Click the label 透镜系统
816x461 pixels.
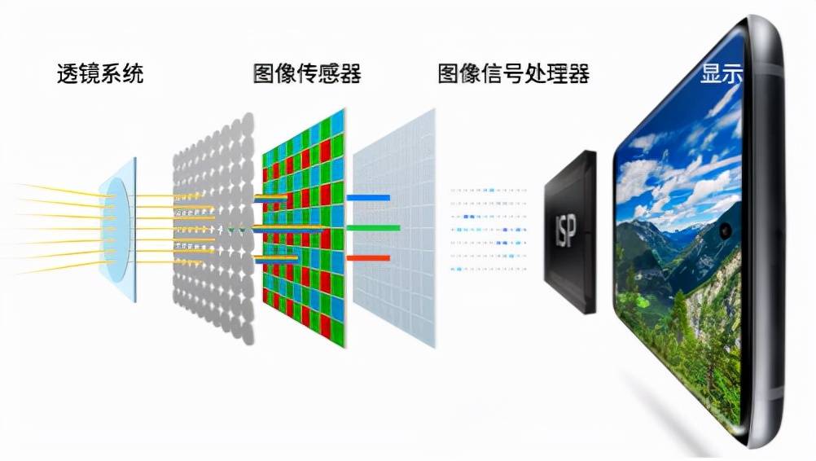click(100, 74)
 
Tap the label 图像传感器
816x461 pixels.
click(307, 74)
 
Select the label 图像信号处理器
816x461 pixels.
click(513, 74)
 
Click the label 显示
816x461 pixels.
click(722, 74)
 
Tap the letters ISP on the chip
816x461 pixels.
click(566, 231)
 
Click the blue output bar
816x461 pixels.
click(368, 197)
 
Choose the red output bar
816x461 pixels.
click(368, 258)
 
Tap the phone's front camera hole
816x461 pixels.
click(724, 231)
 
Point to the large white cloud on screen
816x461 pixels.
click(651, 183)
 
